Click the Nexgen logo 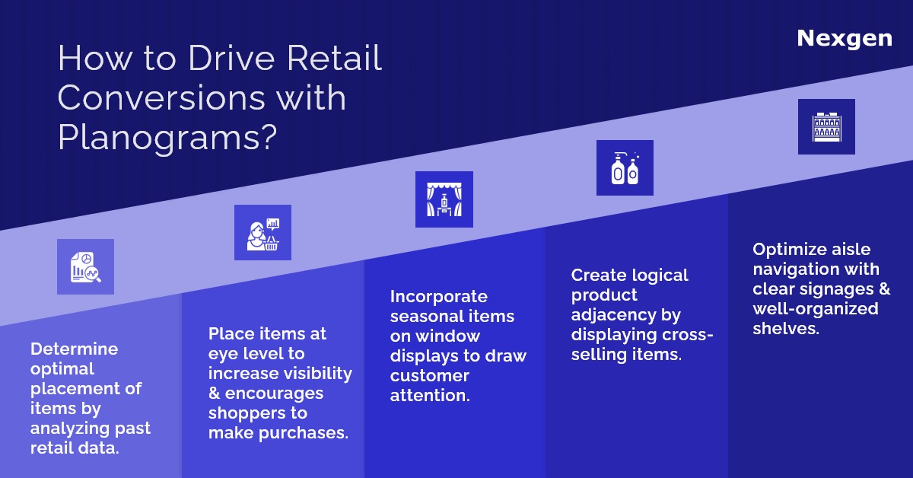(845, 40)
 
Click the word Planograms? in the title (167, 137)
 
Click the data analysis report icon (85, 266)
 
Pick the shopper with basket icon (263, 232)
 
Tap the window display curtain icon (444, 199)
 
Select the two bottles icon (625, 168)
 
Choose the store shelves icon (826, 127)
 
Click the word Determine (75, 349)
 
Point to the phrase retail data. (75, 448)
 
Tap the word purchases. (304, 434)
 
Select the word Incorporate (438, 297)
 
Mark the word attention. (430, 396)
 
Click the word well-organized (816, 309)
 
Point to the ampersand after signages (884, 288)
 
